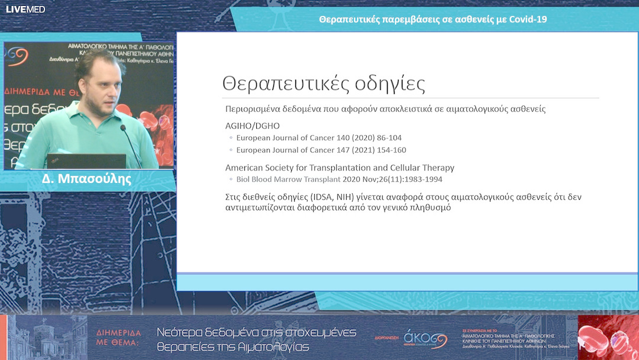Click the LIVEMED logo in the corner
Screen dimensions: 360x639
[25, 9]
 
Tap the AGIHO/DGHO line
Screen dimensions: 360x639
[253, 126]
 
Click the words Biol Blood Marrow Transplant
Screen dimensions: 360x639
[288, 179]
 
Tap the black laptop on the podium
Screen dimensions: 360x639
[86, 161]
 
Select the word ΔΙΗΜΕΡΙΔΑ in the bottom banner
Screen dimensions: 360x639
[119, 333]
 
